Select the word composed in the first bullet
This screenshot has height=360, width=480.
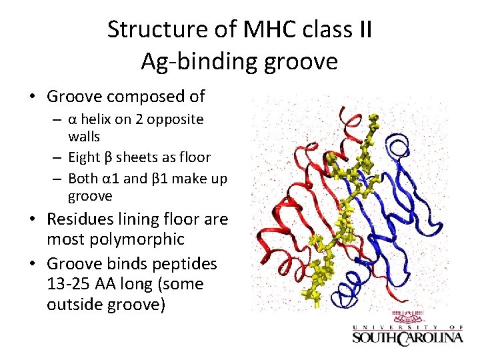point(145,97)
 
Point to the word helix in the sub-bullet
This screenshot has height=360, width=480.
point(101,120)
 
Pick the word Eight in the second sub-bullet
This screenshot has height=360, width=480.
point(85,157)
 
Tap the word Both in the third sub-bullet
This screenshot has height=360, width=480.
point(83,179)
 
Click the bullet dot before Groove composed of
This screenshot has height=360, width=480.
point(32,97)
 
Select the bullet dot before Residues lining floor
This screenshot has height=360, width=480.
point(32,220)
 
